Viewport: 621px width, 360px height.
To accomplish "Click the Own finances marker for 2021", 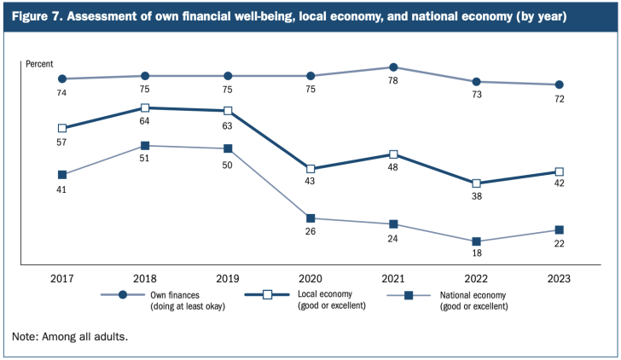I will [x=393, y=67].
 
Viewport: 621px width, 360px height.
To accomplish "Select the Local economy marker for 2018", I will [x=145, y=108].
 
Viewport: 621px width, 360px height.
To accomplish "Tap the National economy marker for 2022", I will [x=476, y=241].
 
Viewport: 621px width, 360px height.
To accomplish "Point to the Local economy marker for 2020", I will [x=310, y=169].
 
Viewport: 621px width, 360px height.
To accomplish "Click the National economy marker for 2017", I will [x=62, y=175].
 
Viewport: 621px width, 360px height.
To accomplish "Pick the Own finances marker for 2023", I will [x=559, y=85].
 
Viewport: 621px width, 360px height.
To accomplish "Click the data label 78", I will [x=393, y=82].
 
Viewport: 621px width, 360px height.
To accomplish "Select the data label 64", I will [x=145, y=121].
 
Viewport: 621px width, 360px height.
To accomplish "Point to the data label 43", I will [x=310, y=183].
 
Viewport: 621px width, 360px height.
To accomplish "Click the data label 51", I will [x=145, y=159].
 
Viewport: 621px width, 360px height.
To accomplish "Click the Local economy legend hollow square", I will [x=268, y=295].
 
